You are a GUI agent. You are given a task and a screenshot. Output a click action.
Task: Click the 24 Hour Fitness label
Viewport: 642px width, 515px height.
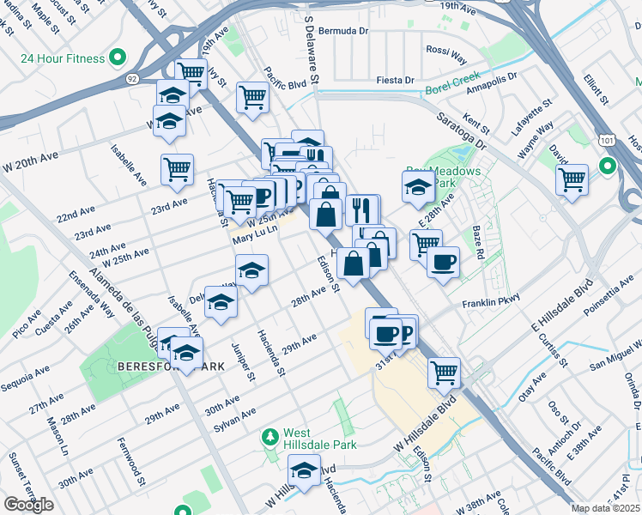click(62, 59)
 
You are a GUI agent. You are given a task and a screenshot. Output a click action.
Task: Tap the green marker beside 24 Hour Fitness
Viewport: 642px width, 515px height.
click(118, 59)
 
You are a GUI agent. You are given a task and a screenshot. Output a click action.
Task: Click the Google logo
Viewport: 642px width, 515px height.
click(28, 504)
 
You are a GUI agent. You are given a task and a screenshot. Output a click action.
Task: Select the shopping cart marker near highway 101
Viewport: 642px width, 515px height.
click(572, 180)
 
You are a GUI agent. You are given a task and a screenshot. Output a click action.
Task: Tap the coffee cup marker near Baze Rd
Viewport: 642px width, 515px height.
click(443, 262)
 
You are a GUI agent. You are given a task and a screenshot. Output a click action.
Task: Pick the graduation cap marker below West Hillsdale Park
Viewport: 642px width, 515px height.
click(303, 470)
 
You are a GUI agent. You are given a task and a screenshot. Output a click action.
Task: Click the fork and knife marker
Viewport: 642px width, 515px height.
click(362, 209)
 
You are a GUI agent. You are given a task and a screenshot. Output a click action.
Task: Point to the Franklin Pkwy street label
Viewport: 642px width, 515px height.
click(492, 303)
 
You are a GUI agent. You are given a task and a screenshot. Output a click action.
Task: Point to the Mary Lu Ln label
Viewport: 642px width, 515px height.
click(257, 231)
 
